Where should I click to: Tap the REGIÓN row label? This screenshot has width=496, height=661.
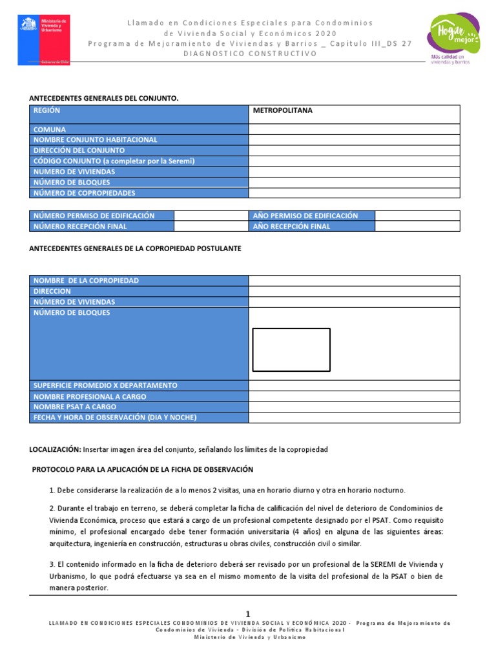pos(47,111)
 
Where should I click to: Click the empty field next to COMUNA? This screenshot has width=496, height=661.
pos(354,129)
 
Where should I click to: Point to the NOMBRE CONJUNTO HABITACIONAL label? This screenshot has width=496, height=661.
pos(96,139)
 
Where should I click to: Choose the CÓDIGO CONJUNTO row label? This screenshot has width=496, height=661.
pos(114,161)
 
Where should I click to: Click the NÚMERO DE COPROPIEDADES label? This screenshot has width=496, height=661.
pos(85,193)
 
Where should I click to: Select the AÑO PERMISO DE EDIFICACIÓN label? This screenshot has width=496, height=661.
pos(305,216)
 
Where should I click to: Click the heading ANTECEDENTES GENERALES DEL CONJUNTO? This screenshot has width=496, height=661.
pos(103,98)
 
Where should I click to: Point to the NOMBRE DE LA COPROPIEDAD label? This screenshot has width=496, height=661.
pos(86,281)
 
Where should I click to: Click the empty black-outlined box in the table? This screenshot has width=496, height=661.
pos(291,350)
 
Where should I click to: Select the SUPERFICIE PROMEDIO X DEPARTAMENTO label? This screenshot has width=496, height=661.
pos(105,385)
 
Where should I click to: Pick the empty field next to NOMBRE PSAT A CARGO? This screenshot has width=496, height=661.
pos(354,407)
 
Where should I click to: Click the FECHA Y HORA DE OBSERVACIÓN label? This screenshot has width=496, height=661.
pos(115,418)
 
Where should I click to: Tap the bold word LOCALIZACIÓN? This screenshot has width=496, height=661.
pos(55,449)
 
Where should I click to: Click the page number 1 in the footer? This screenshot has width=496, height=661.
pos(248,613)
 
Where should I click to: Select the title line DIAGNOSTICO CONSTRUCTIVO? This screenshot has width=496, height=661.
pos(250,54)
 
